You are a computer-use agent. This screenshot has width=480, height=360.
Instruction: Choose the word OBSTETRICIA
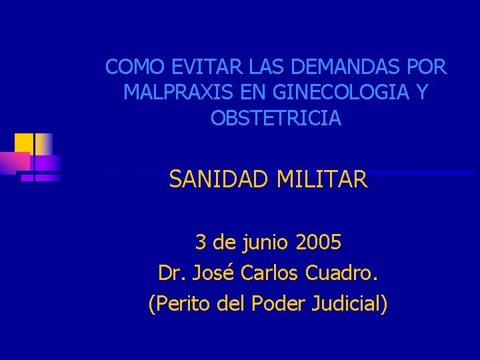pos(276,118)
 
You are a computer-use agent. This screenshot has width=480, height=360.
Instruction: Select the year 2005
pos(317,242)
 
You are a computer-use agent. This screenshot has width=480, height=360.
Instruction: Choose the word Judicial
pos(348,303)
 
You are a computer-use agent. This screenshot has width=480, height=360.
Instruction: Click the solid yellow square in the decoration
pos(24,143)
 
